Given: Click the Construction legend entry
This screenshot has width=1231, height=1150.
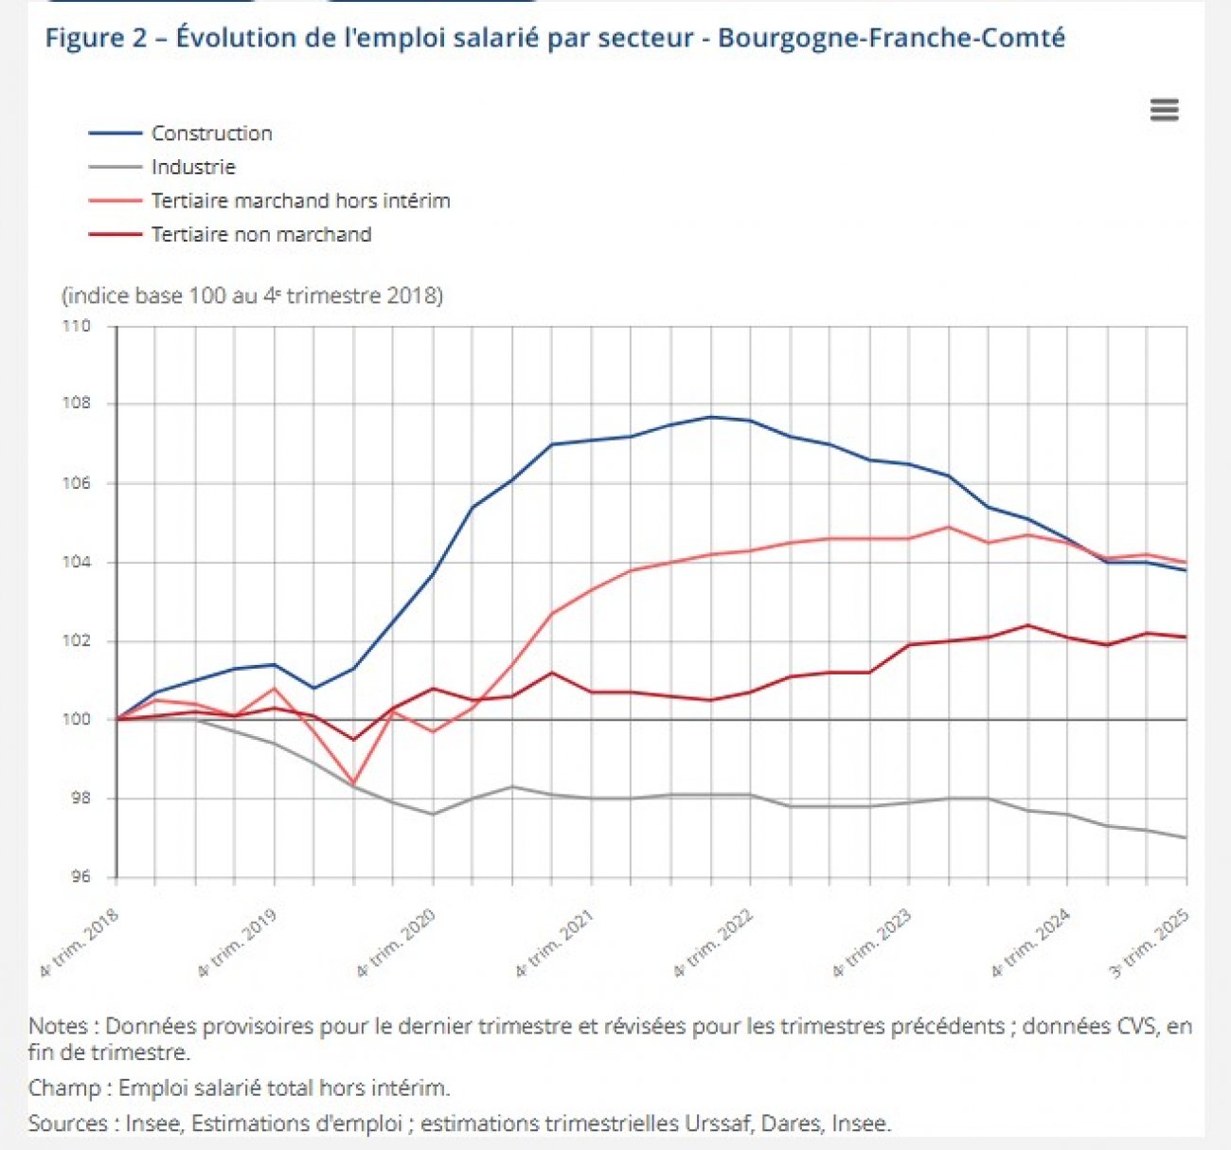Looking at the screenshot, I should click(211, 134).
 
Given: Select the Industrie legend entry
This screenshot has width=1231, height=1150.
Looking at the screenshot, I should click(193, 168).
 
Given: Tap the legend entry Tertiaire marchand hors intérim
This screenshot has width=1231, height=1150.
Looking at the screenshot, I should click(300, 201).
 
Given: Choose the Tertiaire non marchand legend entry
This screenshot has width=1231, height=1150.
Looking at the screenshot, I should click(261, 235).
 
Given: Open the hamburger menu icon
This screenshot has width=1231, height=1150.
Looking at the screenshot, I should click(1164, 110).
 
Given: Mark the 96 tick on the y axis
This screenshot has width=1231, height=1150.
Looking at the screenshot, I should click(80, 877).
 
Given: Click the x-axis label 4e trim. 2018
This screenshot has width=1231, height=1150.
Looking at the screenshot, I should click(80, 942).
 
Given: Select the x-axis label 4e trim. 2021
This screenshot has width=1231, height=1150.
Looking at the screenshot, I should click(556, 942).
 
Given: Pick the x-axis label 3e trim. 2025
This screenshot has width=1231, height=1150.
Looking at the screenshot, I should click(1150, 942).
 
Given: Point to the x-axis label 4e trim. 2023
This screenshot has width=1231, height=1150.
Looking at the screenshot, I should click(873, 942).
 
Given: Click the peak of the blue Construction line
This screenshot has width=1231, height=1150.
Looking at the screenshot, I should click(711, 417).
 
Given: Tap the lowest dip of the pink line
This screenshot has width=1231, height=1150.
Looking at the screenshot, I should click(353, 783).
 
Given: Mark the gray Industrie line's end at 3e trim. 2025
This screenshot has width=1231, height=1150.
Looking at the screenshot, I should click(1186, 837).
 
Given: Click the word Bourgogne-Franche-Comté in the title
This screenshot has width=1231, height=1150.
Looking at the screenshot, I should click(891, 39).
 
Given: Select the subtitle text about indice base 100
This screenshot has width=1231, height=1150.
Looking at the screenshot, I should click(252, 296).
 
